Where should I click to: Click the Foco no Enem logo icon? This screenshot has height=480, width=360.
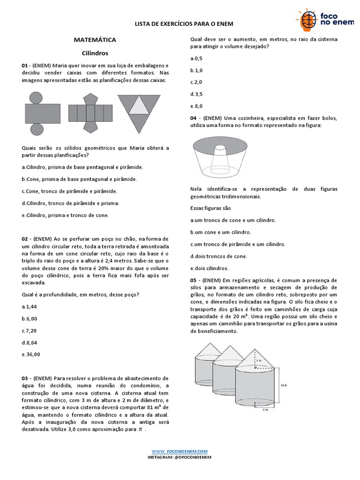coord(307,20)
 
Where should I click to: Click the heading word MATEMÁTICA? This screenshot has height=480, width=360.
coord(95,40)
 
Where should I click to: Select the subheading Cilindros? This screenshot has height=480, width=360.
coord(95,53)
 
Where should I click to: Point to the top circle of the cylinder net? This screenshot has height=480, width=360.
coord(36,98)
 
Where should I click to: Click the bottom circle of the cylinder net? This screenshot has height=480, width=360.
coord(36,129)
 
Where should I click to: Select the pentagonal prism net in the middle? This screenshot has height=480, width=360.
coord(90,113)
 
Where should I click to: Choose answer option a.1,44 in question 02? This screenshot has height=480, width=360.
coord(30,306)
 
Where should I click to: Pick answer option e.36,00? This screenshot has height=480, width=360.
coord(31,354)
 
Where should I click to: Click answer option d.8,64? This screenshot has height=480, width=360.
coord(30,342)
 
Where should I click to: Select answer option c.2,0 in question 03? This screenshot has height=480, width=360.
coord(196,82)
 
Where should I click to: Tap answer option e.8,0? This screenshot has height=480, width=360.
coord(196,106)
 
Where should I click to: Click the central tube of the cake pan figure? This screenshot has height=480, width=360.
coord(220,150)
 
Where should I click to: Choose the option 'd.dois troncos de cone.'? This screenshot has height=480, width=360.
coord(218,256)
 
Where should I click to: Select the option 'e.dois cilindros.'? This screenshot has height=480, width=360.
coord(209,268)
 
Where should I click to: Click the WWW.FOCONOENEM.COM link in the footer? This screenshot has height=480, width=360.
coord(180,451)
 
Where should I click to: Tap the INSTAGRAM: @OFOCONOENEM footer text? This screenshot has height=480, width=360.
coord(180,457)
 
